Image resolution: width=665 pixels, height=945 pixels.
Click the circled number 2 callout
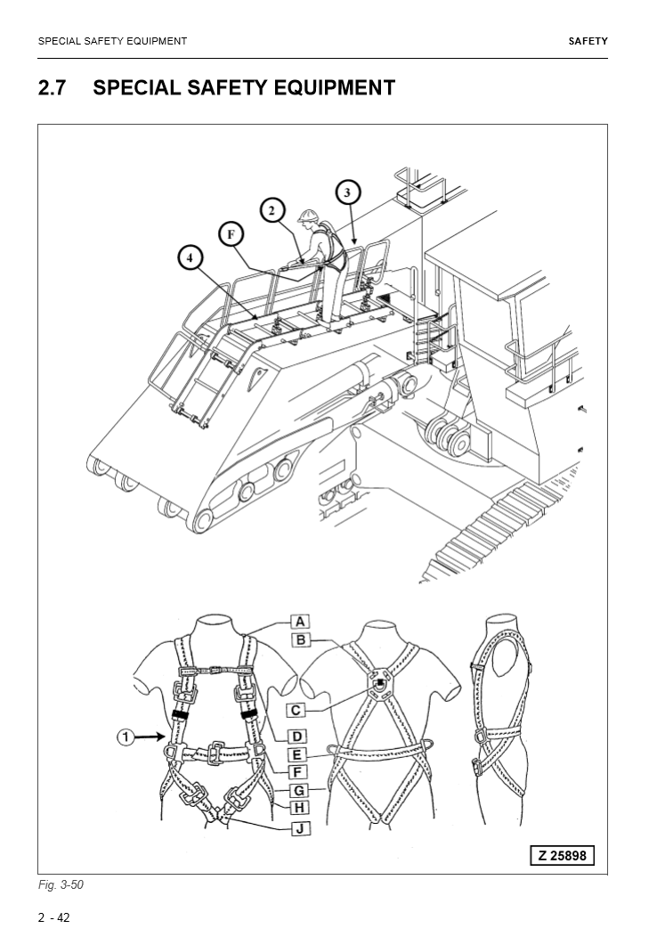273,211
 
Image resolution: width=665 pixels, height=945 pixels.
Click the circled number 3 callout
348,191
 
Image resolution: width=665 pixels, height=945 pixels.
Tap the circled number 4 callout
189,257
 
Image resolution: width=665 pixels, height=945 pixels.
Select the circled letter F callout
231,234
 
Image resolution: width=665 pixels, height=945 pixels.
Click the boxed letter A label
300,621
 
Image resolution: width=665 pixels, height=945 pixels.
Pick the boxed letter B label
300,640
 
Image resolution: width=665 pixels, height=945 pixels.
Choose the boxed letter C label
296,710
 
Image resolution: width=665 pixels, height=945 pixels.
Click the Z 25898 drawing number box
562,856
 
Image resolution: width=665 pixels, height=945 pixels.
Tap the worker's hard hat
309,216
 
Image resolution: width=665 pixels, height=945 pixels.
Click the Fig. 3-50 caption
61,884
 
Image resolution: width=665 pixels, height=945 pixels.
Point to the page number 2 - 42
53,918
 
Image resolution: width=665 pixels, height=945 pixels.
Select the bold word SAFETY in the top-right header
588,41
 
